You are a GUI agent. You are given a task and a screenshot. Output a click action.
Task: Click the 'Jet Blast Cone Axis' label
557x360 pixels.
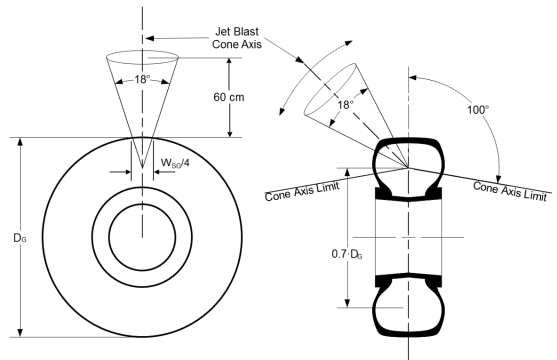(237, 38)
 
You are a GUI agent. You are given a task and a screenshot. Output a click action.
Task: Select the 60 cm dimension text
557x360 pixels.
(229, 97)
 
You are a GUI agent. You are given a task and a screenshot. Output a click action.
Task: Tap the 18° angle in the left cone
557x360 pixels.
(142, 79)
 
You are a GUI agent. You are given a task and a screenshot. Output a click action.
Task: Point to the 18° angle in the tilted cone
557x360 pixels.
(345, 105)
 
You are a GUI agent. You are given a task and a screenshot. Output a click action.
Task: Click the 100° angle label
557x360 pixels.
(478, 110)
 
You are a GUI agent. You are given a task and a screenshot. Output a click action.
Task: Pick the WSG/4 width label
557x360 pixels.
(175, 163)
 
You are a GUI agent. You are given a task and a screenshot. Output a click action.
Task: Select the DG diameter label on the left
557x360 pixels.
(20, 238)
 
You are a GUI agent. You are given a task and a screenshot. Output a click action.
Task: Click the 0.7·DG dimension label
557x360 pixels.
(347, 254)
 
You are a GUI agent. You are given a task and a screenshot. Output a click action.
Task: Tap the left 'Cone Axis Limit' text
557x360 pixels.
(302, 191)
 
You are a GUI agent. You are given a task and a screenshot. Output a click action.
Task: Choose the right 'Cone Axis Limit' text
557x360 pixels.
(510, 191)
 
